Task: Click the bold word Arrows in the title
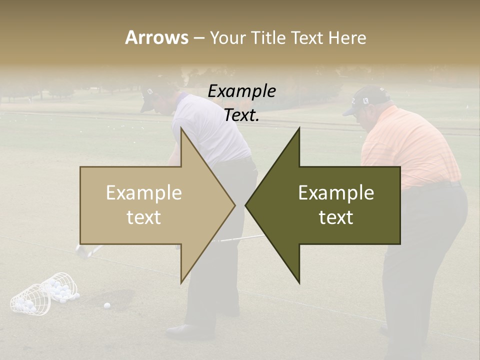click(x=156, y=37)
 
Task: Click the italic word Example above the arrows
click(x=241, y=91)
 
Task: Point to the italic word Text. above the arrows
click(x=241, y=115)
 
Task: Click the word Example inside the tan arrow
click(x=144, y=193)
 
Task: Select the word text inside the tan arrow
click(x=144, y=217)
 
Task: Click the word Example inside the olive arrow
click(x=336, y=193)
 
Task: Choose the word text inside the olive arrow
click(x=336, y=217)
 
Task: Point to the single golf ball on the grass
click(x=106, y=305)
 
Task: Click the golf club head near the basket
click(x=83, y=250)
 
